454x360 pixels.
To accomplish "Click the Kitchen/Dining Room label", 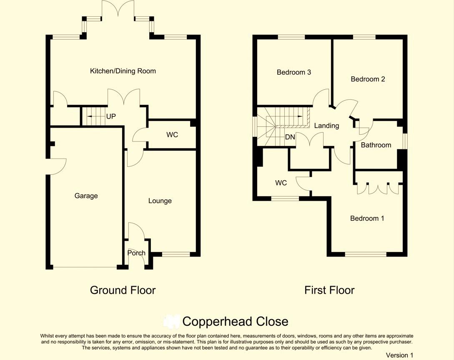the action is click(x=123, y=71).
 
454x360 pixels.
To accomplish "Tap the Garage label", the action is click(x=86, y=196).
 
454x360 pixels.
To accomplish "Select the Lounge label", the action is click(x=160, y=201).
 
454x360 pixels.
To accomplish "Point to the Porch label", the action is click(x=136, y=253).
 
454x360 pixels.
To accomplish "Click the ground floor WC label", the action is click(x=172, y=135).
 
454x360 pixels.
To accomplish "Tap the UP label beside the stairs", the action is click(x=111, y=116).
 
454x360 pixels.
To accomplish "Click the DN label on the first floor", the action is click(x=290, y=137).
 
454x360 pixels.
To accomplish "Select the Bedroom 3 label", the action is click(x=294, y=72).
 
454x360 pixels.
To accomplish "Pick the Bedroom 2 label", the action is click(x=368, y=79).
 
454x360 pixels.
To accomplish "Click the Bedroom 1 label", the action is click(x=367, y=218).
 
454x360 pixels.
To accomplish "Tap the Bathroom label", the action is click(x=376, y=145).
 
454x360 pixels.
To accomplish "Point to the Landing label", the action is click(x=326, y=126).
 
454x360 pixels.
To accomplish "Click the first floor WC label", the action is click(x=281, y=183).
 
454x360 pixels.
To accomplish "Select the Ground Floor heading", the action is click(x=123, y=290).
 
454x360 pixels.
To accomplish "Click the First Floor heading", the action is click(x=329, y=290).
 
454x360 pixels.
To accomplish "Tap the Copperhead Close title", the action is click(x=236, y=322).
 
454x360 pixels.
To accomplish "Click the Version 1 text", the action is click(x=399, y=355).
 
